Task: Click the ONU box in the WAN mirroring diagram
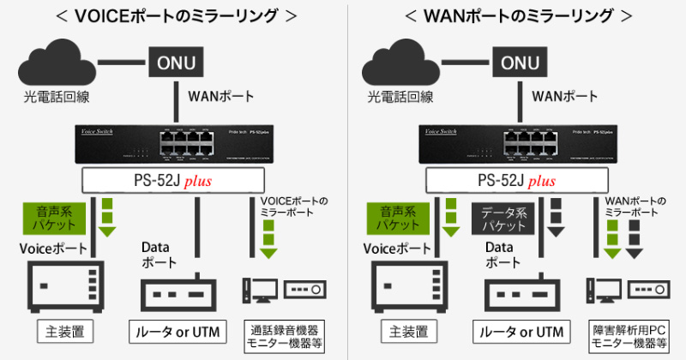[x=521, y=62]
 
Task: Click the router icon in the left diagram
[x=174, y=291]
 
